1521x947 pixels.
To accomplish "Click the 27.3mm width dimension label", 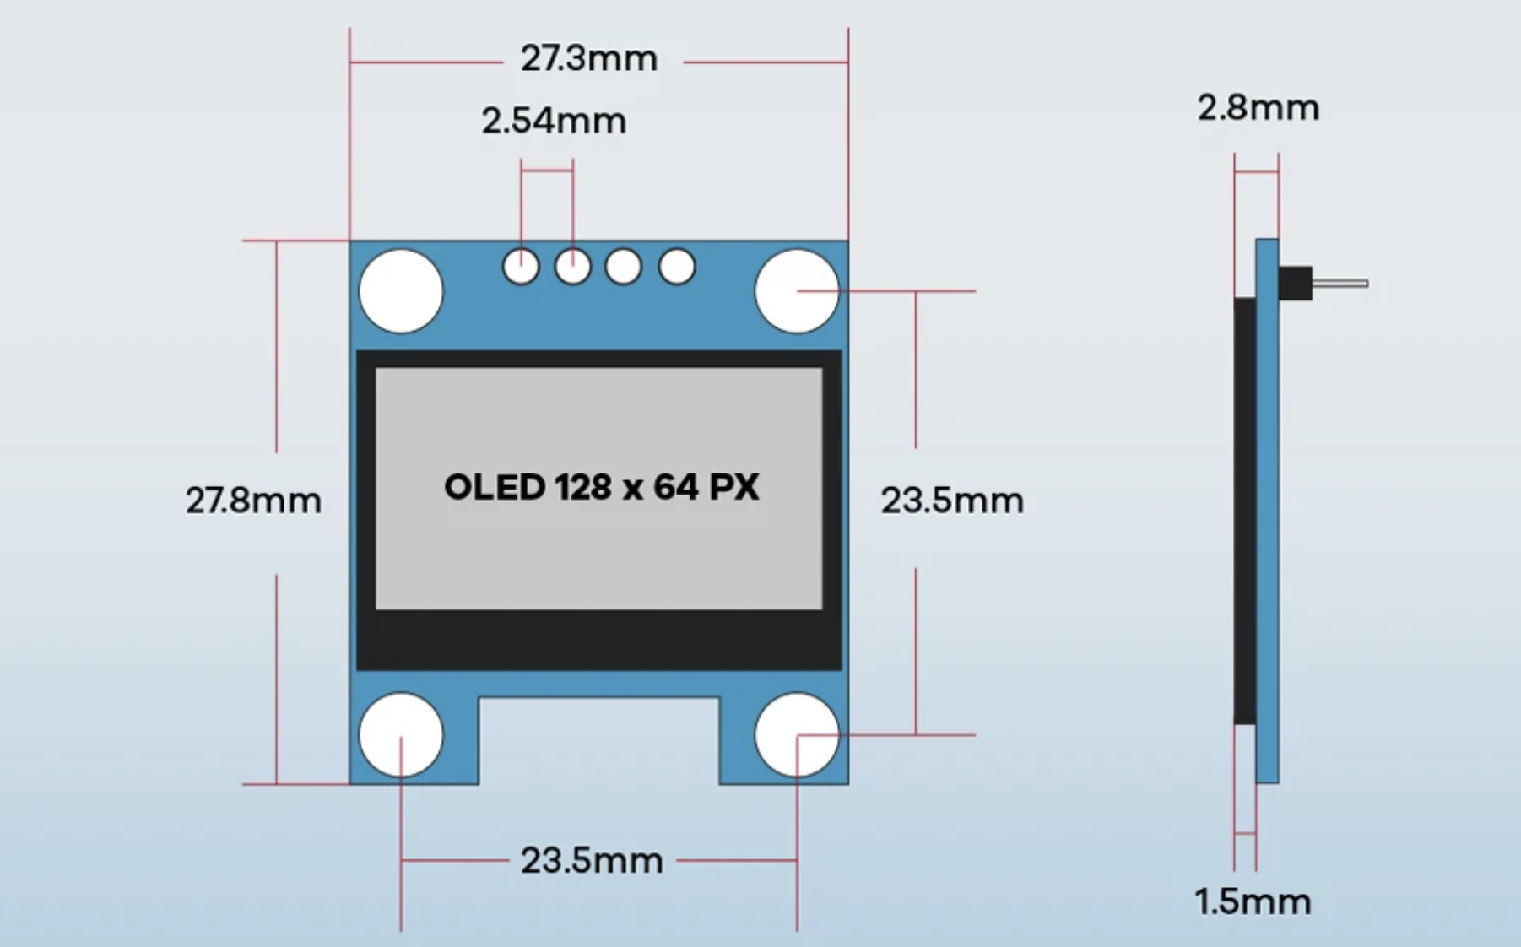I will pyautogui.click(x=588, y=59).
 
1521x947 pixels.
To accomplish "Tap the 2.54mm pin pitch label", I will pyautogui.click(x=554, y=122).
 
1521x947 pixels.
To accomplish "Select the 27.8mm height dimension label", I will pyautogui.click(x=253, y=501).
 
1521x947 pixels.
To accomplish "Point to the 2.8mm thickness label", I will pyautogui.click(x=1258, y=109).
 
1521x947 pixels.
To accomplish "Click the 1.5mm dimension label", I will pyautogui.click(x=1253, y=902).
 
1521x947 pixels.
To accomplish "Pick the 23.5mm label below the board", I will pyautogui.click(x=591, y=862).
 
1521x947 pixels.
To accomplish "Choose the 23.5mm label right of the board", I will pyautogui.click(x=952, y=501).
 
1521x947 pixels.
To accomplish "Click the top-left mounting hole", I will pyautogui.click(x=401, y=291).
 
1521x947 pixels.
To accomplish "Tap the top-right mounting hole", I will pyautogui.click(x=796, y=291).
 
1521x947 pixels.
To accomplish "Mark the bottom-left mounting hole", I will pyautogui.click(x=401, y=735).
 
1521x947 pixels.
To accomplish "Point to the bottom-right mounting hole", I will pyautogui.click(x=796, y=735).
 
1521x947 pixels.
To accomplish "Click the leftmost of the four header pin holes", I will pyautogui.click(x=521, y=267).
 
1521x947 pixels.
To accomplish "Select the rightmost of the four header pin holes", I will pyautogui.click(x=677, y=267).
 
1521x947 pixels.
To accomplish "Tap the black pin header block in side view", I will pyautogui.click(x=1295, y=284).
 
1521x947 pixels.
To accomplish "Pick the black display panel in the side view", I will pyautogui.click(x=1244, y=511).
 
